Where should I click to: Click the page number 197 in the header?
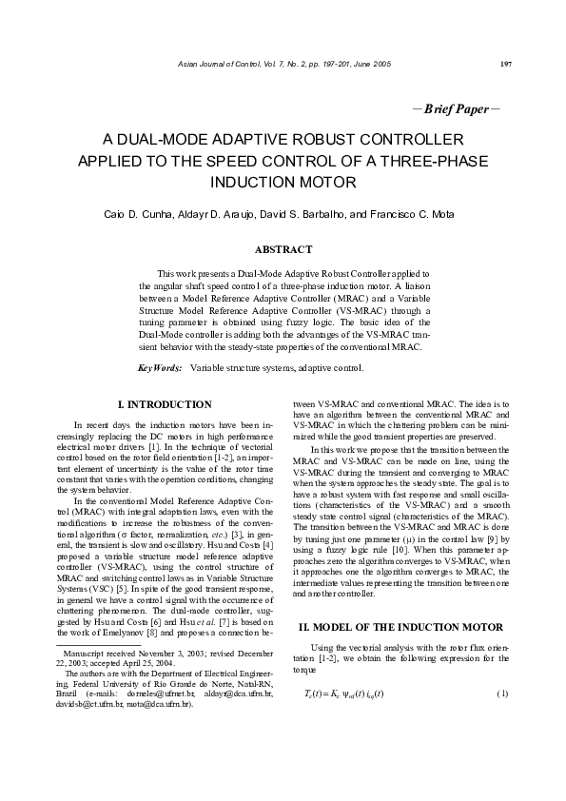tap(505, 64)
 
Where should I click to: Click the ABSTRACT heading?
tap(282, 250)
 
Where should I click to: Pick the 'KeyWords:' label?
tap(160, 366)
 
